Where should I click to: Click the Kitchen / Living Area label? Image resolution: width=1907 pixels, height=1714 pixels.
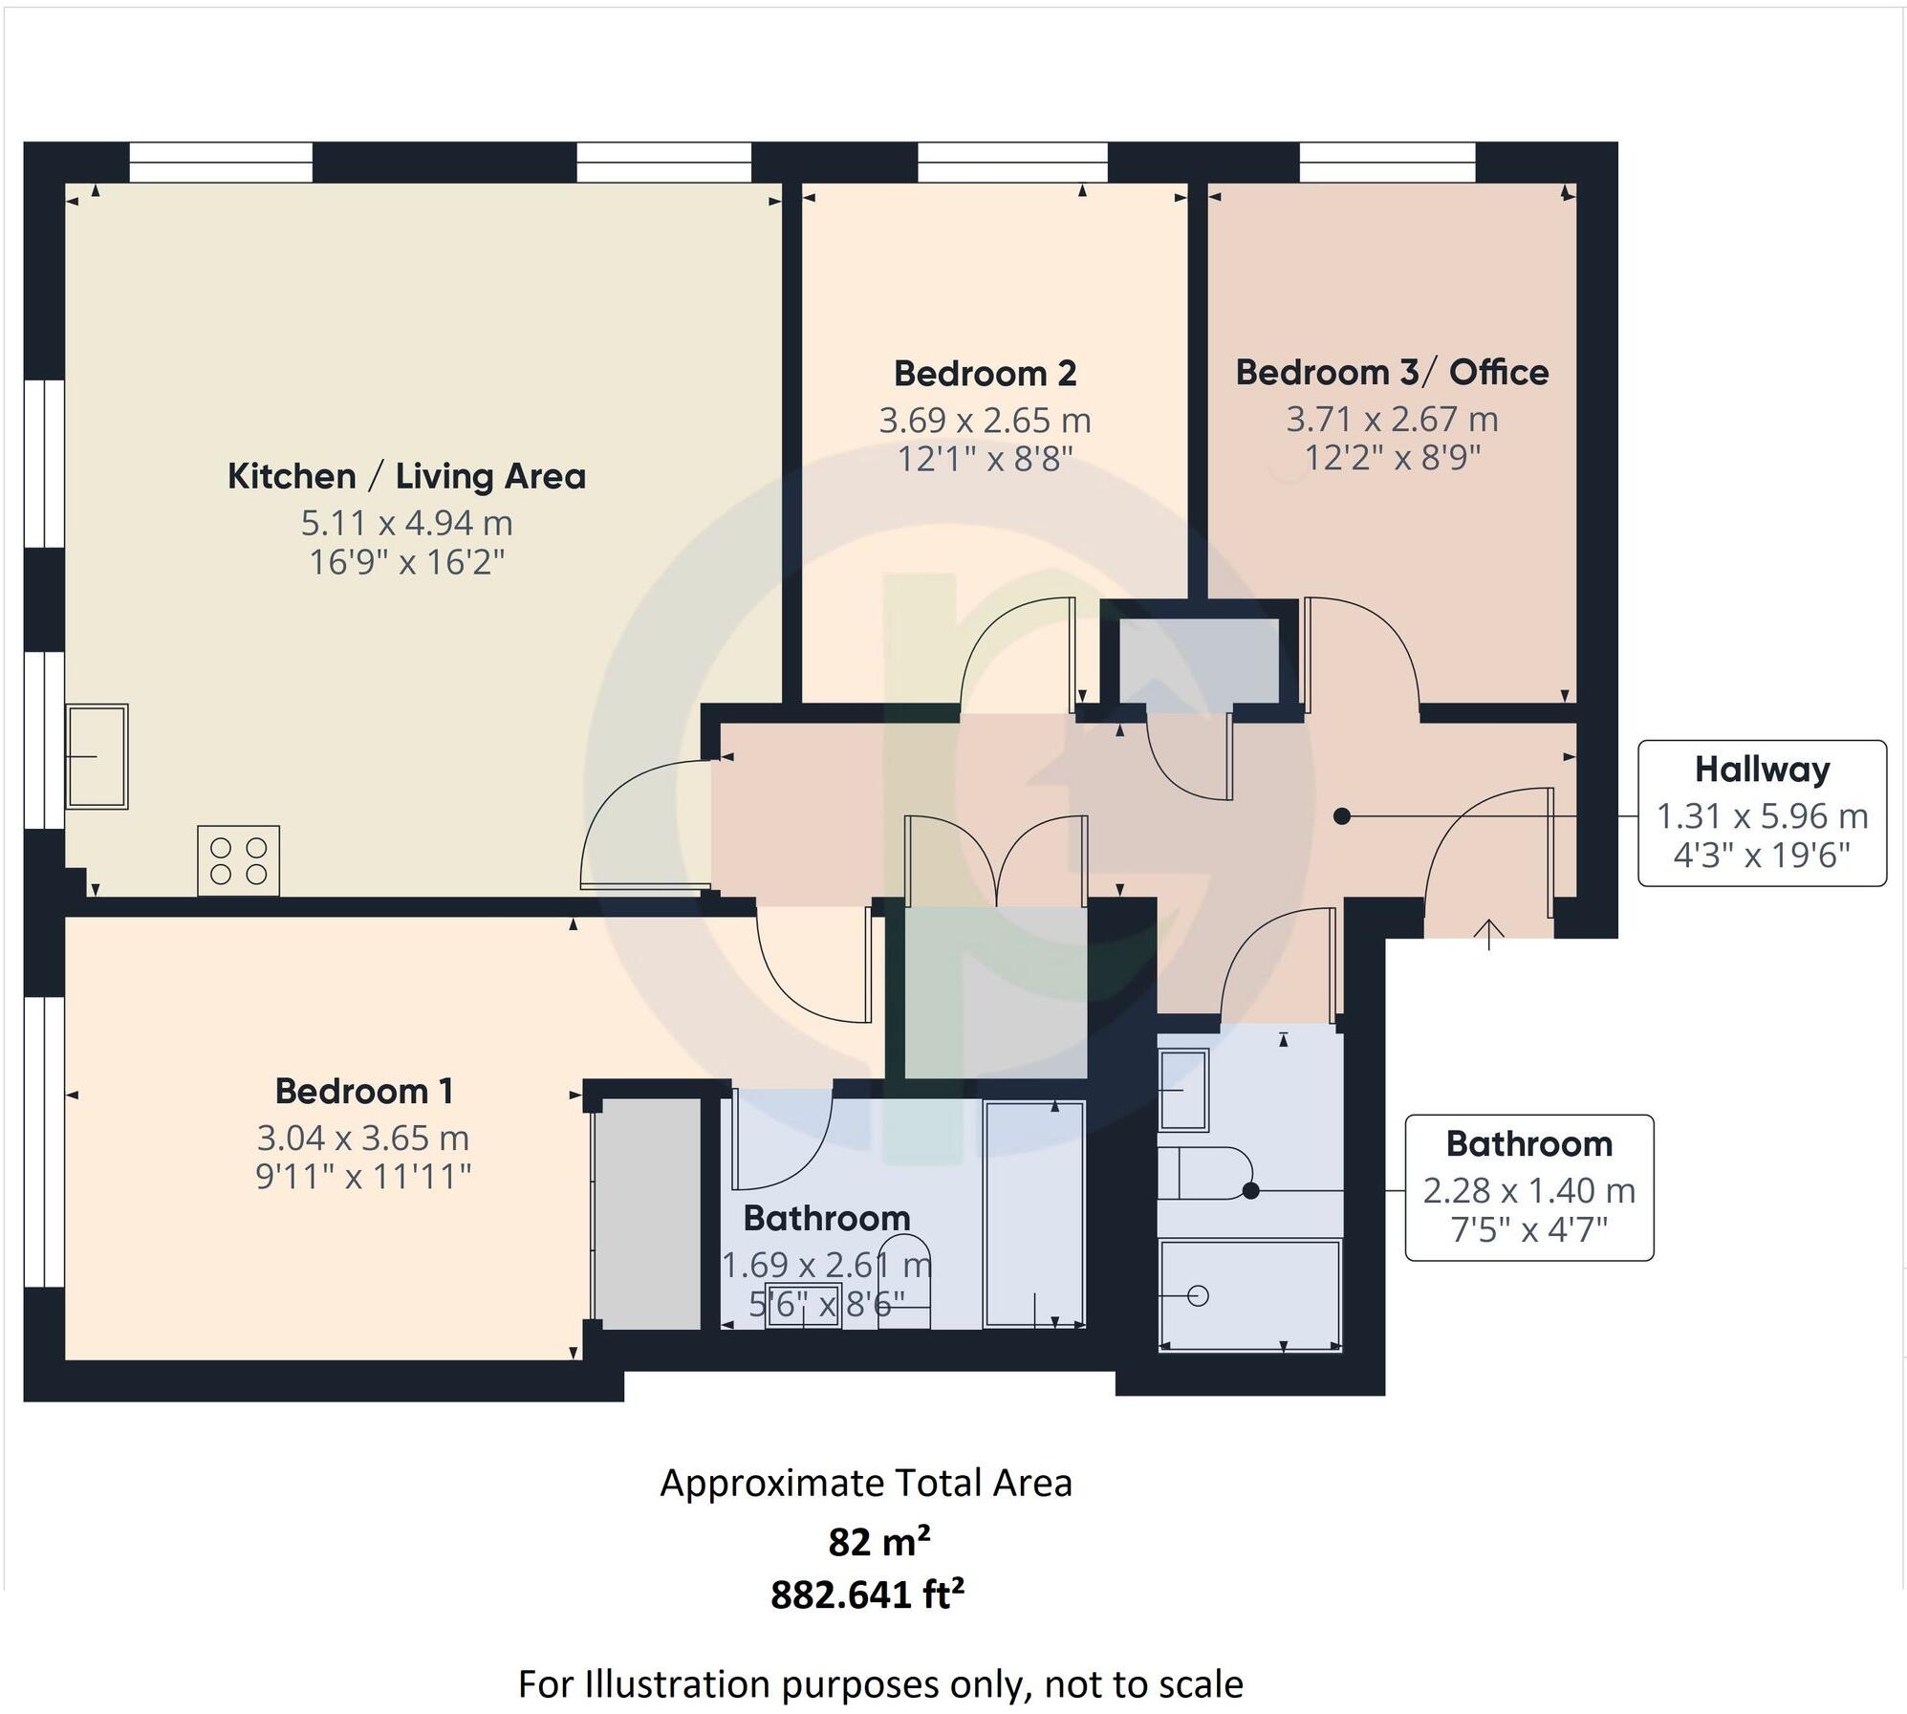click(406, 476)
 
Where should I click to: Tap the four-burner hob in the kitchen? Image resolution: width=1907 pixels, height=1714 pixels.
click(239, 860)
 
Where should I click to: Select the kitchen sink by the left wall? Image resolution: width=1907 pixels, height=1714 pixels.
click(97, 756)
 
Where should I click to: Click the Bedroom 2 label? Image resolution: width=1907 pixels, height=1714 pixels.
click(985, 373)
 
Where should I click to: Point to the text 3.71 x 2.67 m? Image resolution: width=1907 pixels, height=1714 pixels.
click(1391, 419)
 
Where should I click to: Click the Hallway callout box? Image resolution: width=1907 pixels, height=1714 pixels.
click(1761, 813)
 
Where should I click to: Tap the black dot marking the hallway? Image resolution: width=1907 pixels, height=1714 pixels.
click(1341, 815)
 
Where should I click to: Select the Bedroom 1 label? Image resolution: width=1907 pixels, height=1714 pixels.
click(363, 1091)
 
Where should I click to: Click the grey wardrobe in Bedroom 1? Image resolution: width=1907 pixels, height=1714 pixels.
click(646, 1213)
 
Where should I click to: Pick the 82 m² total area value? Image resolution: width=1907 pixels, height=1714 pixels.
click(878, 1542)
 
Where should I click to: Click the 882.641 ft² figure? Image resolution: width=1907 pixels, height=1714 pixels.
click(867, 1595)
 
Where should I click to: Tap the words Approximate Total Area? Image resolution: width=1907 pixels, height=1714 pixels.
click(866, 1484)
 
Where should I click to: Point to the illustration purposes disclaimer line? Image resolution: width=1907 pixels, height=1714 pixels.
click(879, 1683)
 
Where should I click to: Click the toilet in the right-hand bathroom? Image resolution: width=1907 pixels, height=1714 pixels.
click(1204, 1173)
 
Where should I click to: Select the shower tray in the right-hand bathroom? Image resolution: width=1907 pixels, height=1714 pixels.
click(1249, 1295)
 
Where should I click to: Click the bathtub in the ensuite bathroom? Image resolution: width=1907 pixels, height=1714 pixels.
click(1034, 1214)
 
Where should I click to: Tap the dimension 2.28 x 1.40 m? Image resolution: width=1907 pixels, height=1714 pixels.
click(1528, 1190)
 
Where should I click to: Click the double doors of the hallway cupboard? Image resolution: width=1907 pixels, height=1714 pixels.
click(996, 860)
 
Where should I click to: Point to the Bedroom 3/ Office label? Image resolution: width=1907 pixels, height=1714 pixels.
click(1391, 372)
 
